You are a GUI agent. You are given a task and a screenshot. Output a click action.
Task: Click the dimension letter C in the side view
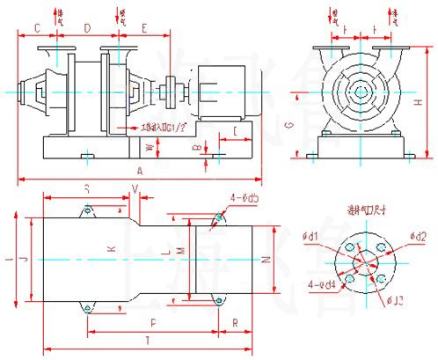coord(37,29)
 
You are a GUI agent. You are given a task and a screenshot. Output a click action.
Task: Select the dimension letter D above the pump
coord(86,29)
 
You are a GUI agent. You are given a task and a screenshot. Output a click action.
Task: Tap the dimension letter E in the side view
coord(144,29)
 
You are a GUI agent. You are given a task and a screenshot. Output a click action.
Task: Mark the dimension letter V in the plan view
coord(135,188)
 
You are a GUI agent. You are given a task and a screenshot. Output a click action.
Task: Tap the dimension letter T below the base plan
coord(146,340)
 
